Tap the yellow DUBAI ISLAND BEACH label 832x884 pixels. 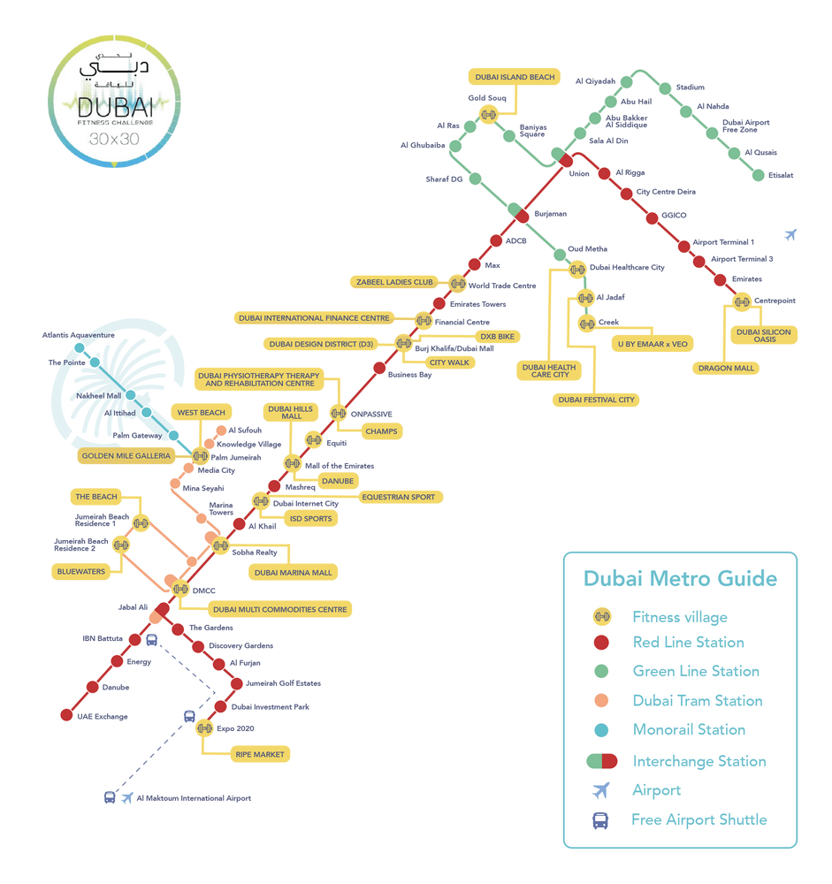(515, 78)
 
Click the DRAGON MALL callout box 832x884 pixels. (727, 369)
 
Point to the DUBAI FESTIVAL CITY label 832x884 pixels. (596, 400)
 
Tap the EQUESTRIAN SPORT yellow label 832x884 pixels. (398, 497)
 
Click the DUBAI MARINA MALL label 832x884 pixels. (293, 573)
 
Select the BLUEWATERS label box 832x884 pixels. (81, 572)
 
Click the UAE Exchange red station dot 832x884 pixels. (66, 714)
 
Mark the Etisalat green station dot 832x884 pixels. (758, 175)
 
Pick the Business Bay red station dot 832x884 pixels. (379, 368)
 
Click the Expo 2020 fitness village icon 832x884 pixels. (205, 728)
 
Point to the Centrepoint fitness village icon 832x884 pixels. (742, 302)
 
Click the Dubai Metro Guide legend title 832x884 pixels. (680, 579)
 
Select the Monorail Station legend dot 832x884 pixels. (601, 730)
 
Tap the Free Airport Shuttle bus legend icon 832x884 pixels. (600, 820)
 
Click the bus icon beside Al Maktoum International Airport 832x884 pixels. (109, 797)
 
